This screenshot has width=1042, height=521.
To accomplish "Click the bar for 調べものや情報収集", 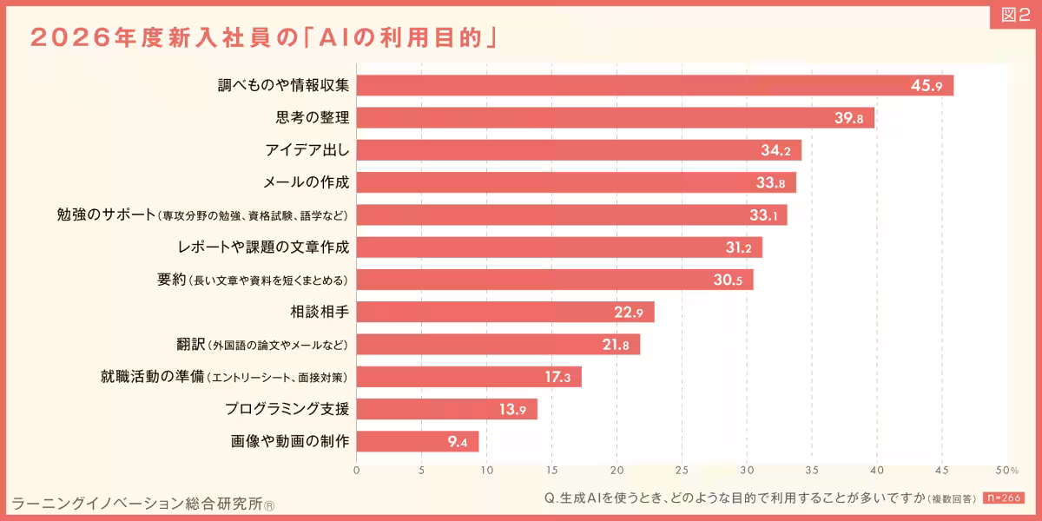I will (655, 85).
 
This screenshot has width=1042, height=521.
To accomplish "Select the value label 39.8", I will (848, 118).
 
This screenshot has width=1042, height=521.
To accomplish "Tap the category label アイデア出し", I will (307, 150).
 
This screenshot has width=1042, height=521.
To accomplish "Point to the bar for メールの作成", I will (576, 182).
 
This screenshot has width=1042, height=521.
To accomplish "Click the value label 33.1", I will (763, 215).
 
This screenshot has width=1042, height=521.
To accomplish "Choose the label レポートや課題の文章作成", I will (262, 247).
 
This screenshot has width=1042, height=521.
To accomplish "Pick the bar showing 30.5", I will (555, 280).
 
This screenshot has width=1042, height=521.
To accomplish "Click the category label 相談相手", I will (320, 312).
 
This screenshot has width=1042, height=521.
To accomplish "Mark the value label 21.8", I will (615, 345).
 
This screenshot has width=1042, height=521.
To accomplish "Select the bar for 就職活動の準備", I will (469, 377).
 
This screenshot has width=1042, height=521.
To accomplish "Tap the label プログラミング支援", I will (287, 409).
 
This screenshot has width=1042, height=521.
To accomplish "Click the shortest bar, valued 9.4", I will (418, 442).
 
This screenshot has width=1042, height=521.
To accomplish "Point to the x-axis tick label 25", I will (682, 471).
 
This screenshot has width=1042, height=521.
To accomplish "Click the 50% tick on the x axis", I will (1007, 471).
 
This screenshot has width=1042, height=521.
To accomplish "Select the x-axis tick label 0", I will (357, 471).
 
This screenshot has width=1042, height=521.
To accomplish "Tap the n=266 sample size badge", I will (1004, 498).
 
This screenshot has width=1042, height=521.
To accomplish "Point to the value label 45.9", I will (927, 86).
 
